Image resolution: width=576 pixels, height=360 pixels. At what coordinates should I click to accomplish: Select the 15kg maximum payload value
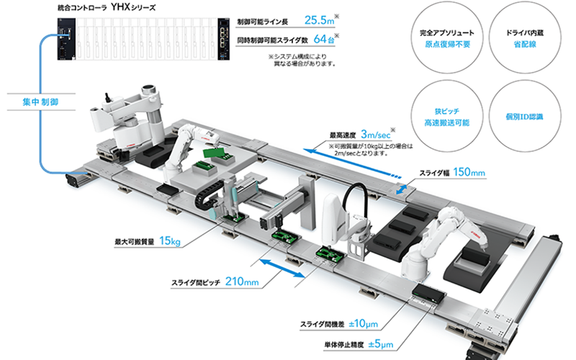point(170,240)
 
